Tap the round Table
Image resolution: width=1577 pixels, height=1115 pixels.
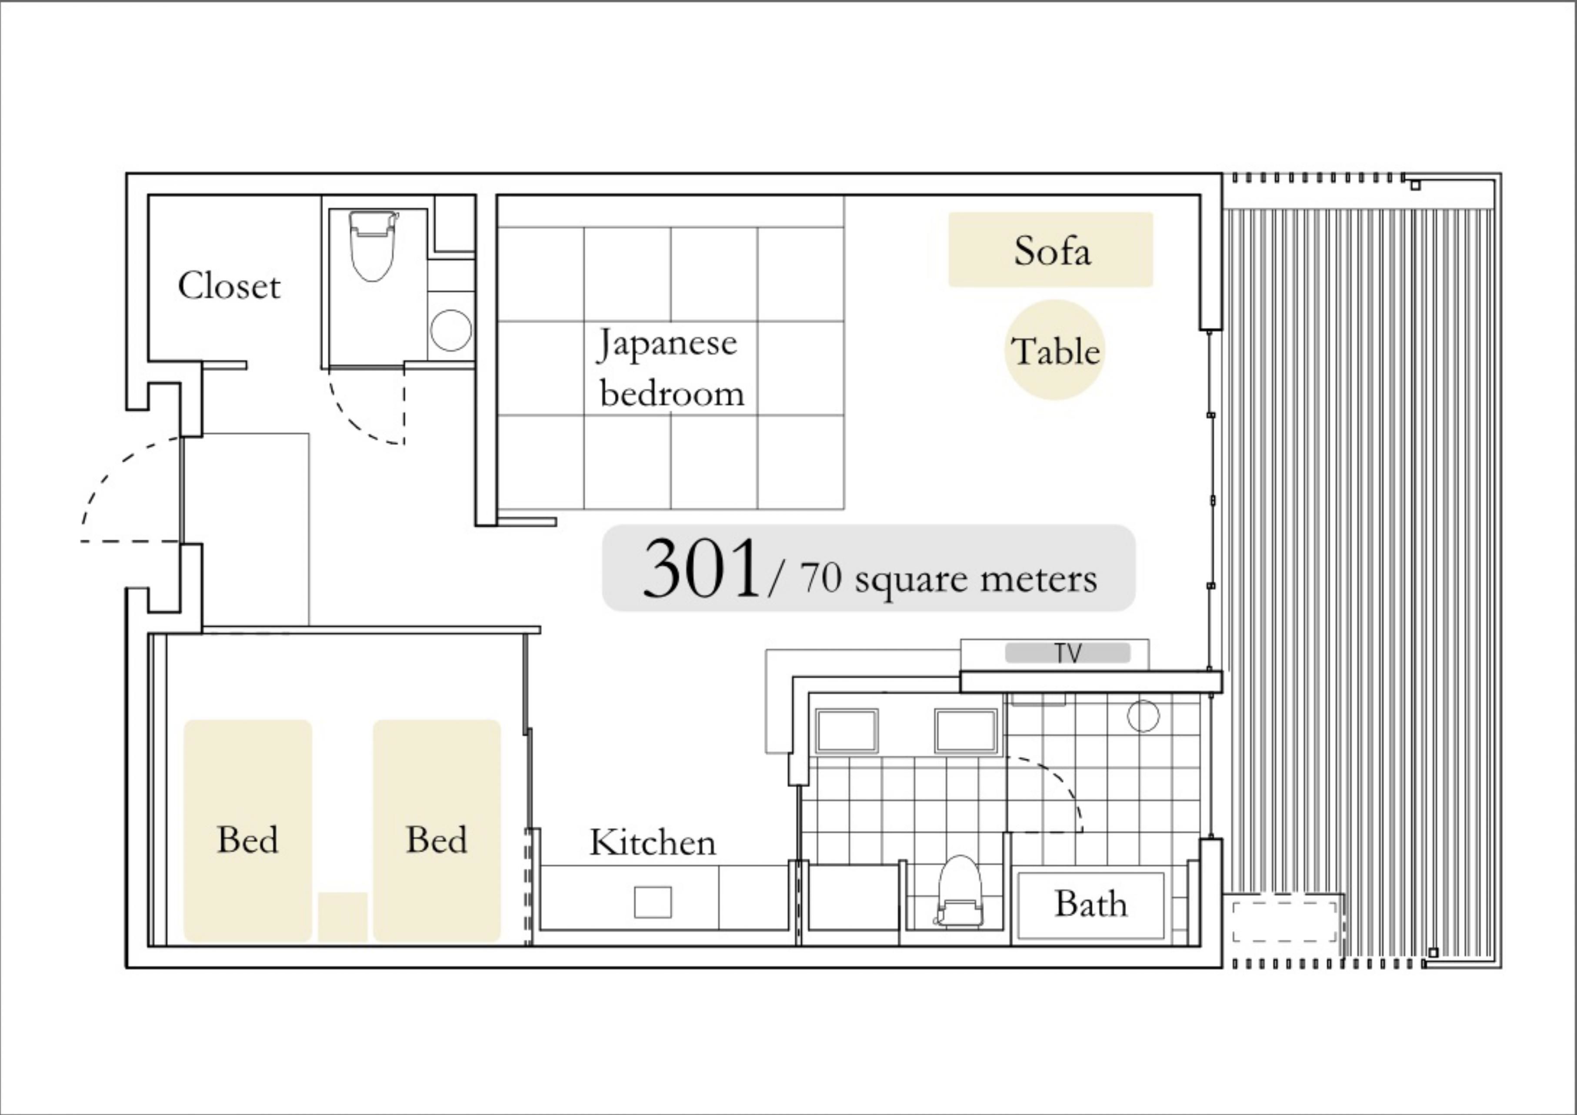pos(1055,351)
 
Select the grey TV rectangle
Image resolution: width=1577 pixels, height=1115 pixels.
pos(1067,653)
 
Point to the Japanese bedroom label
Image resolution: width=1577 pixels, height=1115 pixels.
pos(670,367)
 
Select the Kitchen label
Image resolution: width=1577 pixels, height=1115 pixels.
pos(653,842)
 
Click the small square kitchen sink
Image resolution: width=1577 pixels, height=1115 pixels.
pos(653,902)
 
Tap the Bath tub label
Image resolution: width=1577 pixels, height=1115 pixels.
pos(1091,904)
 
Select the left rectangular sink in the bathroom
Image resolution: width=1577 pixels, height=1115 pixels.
pos(846,730)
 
